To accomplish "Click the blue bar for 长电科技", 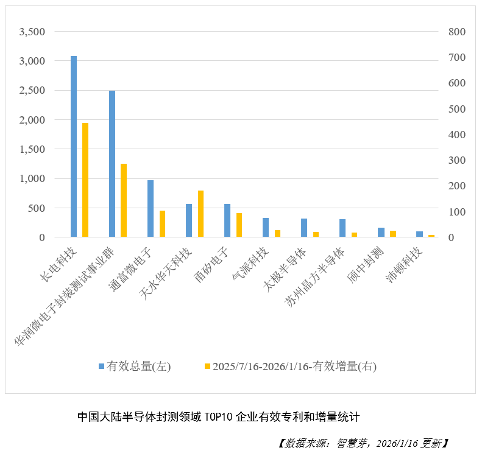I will click(x=74, y=146).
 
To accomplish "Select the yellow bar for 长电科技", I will click(x=85, y=180).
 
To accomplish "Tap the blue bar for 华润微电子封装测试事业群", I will click(x=112, y=164).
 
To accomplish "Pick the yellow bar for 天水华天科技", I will click(x=200, y=214).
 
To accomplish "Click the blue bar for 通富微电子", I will click(x=151, y=209).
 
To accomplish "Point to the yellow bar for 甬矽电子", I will click(x=239, y=225).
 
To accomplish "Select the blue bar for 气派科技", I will click(x=266, y=228).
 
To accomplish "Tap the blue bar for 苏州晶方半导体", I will click(x=342, y=228).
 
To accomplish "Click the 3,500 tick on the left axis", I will click(x=32, y=32).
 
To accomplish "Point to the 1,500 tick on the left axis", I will click(x=32, y=149).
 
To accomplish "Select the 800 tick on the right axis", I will click(x=457, y=32).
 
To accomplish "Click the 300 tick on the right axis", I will click(x=457, y=160).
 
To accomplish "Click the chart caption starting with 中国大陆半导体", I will click(x=219, y=417).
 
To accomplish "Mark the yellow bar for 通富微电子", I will click(x=162, y=224).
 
